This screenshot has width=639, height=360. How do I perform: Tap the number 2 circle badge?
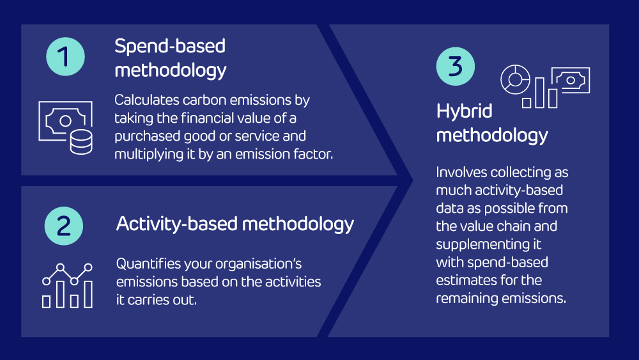click(x=65, y=226)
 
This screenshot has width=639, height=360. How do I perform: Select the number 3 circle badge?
click(x=456, y=67)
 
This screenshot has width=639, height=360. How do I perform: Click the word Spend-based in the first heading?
click(x=169, y=46)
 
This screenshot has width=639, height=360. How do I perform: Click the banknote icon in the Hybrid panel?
click(x=571, y=80)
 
